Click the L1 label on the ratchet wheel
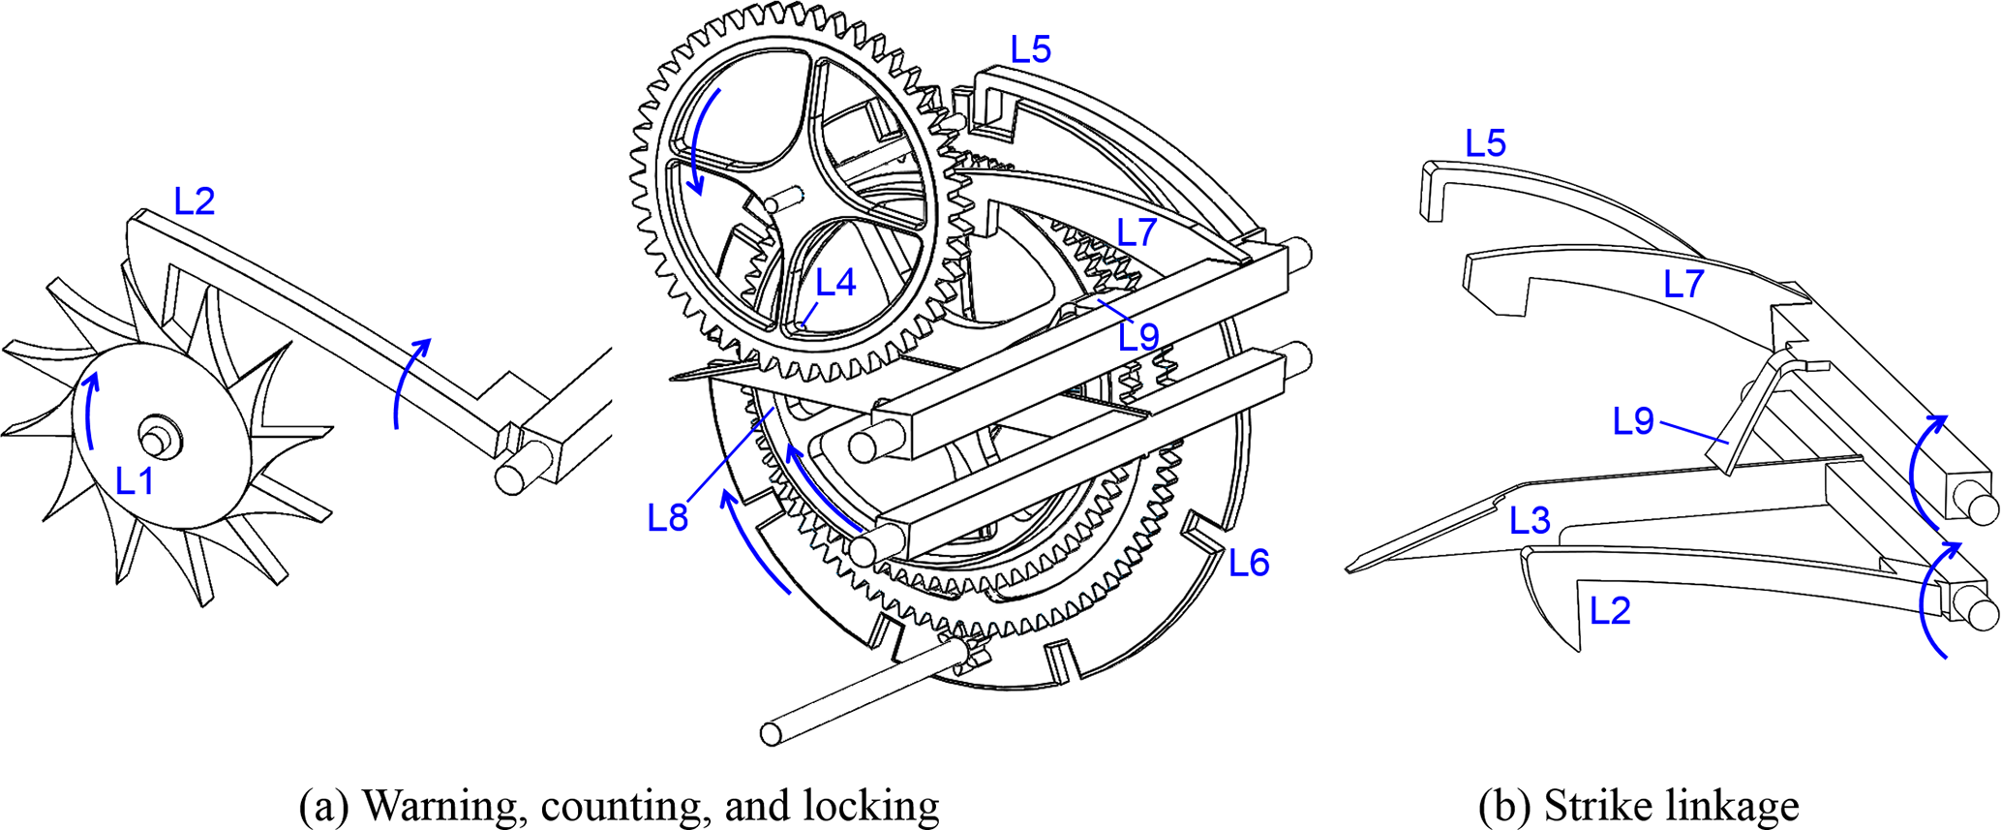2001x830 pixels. [135, 480]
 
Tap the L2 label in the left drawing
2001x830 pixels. [194, 201]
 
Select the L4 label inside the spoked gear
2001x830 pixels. [835, 283]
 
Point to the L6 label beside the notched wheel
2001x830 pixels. [1249, 563]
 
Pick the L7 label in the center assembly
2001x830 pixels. [1137, 232]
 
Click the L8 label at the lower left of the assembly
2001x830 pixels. [668, 519]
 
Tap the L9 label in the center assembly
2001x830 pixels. [1138, 337]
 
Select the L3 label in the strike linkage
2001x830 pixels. [1530, 521]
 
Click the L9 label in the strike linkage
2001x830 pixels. [1633, 422]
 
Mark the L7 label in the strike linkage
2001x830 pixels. [1683, 285]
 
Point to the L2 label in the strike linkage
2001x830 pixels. [1610, 610]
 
